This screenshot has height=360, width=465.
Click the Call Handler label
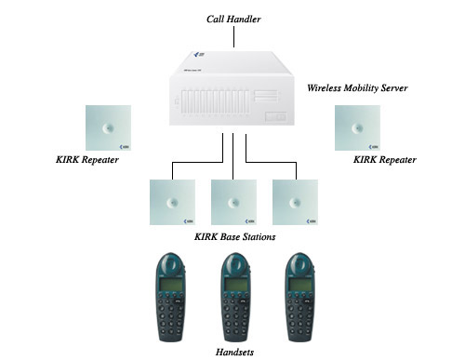click(x=233, y=18)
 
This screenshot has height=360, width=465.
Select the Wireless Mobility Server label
click(x=356, y=88)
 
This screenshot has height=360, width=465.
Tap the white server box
click(x=232, y=92)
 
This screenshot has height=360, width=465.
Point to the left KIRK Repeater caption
click(x=87, y=160)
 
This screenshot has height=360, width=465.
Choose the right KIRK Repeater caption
click(x=385, y=160)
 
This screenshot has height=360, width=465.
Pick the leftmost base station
click(x=172, y=202)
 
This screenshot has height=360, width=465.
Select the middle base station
click(x=233, y=202)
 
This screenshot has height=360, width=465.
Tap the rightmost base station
click(x=295, y=202)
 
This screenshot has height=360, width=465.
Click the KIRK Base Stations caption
click(x=234, y=236)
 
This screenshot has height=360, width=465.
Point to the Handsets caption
click(x=233, y=353)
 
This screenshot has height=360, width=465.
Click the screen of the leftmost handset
click(x=172, y=283)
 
